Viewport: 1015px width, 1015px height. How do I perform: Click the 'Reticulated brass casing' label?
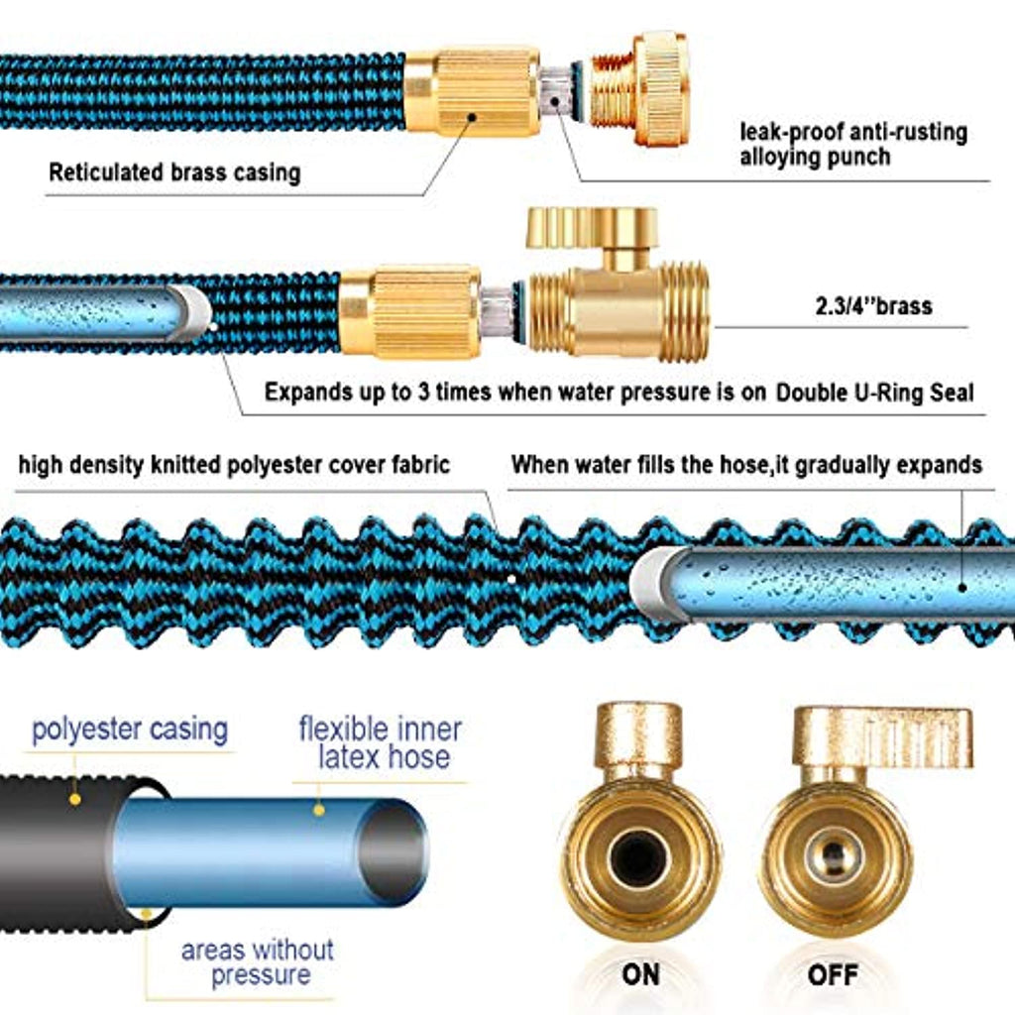pyautogui.click(x=174, y=172)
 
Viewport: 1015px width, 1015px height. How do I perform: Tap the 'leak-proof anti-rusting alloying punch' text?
pyautogui.click(x=853, y=144)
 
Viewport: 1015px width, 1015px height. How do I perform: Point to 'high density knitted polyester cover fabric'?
pyautogui.click(x=234, y=464)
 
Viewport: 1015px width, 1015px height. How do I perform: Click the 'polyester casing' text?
pyautogui.click(x=130, y=731)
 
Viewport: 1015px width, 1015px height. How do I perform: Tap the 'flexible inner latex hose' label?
pyautogui.click(x=381, y=743)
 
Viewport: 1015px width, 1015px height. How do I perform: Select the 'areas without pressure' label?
pyautogui.click(x=258, y=961)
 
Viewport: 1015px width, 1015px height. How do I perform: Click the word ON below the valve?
pyautogui.click(x=640, y=974)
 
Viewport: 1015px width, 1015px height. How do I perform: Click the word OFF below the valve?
pyautogui.click(x=832, y=974)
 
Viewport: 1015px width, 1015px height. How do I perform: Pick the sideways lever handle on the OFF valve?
pyautogui.click(x=882, y=735)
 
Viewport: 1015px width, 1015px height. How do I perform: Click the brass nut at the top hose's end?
pyautogui.click(x=649, y=89)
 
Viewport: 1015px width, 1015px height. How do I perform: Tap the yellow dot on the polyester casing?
pyautogui.click(x=73, y=798)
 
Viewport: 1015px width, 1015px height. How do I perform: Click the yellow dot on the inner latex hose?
pyautogui.click(x=319, y=809)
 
